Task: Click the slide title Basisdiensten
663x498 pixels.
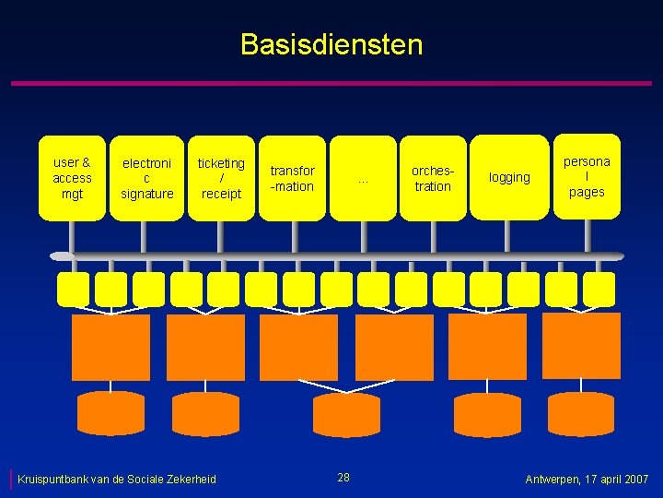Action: pyautogui.click(x=331, y=44)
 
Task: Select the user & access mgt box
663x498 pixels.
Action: pyautogui.click(x=72, y=178)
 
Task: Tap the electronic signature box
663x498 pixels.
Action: pyautogui.click(x=147, y=178)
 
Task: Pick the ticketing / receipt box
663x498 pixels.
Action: pyautogui.click(x=221, y=178)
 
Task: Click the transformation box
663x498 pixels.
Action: pyautogui.click(x=292, y=178)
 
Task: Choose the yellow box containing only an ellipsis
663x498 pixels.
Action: pyautogui.click(x=363, y=178)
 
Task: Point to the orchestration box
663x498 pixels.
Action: pyautogui.click(x=433, y=178)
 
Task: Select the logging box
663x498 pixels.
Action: pyautogui.click(x=509, y=178)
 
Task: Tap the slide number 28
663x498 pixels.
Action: pyautogui.click(x=343, y=477)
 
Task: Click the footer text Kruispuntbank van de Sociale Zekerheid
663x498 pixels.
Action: pyautogui.click(x=117, y=479)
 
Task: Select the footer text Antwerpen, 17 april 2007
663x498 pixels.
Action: pyautogui.click(x=587, y=480)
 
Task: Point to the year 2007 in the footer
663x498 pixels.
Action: pyautogui.click(x=636, y=480)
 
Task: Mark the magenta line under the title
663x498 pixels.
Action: pyautogui.click(x=331, y=84)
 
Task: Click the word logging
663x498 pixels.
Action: pyautogui.click(x=509, y=178)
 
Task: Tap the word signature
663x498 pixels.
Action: pyautogui.click(x=147, y=194)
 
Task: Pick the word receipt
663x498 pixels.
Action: pyautogui.click(x=221, y=194)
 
